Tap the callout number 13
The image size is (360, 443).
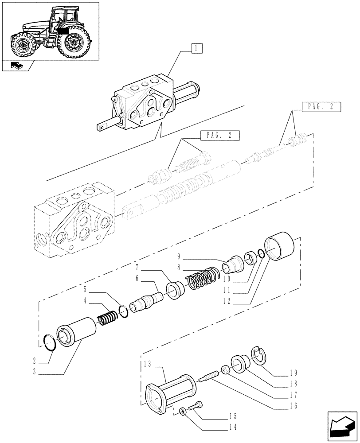pyautogui.click(x=148, y=364)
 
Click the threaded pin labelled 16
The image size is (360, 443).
pyautogui.click(x=208, y=376)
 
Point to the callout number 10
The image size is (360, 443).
pyautogui.click(x=227, y=280)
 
